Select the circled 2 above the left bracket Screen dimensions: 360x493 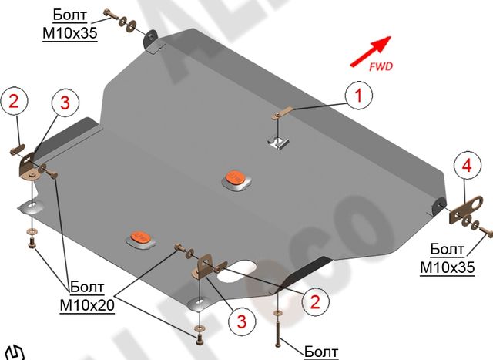15,101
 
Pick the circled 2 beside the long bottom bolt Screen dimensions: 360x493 314,302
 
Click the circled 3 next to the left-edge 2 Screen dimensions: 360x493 65,102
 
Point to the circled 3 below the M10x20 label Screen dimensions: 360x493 240,320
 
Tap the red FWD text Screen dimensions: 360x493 381,67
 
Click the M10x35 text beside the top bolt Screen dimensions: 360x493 70,33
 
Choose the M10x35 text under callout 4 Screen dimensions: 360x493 448,267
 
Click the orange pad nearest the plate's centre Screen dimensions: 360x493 236,176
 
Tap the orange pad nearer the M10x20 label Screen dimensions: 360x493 139,236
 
